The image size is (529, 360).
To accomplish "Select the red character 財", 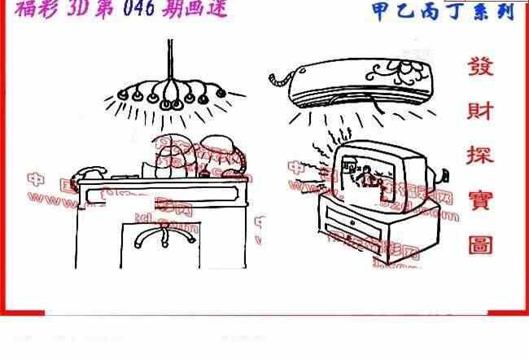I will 481,111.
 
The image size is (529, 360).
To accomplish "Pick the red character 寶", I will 481,198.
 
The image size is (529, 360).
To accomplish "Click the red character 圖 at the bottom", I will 481,243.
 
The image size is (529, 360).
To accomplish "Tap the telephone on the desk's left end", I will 89,172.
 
